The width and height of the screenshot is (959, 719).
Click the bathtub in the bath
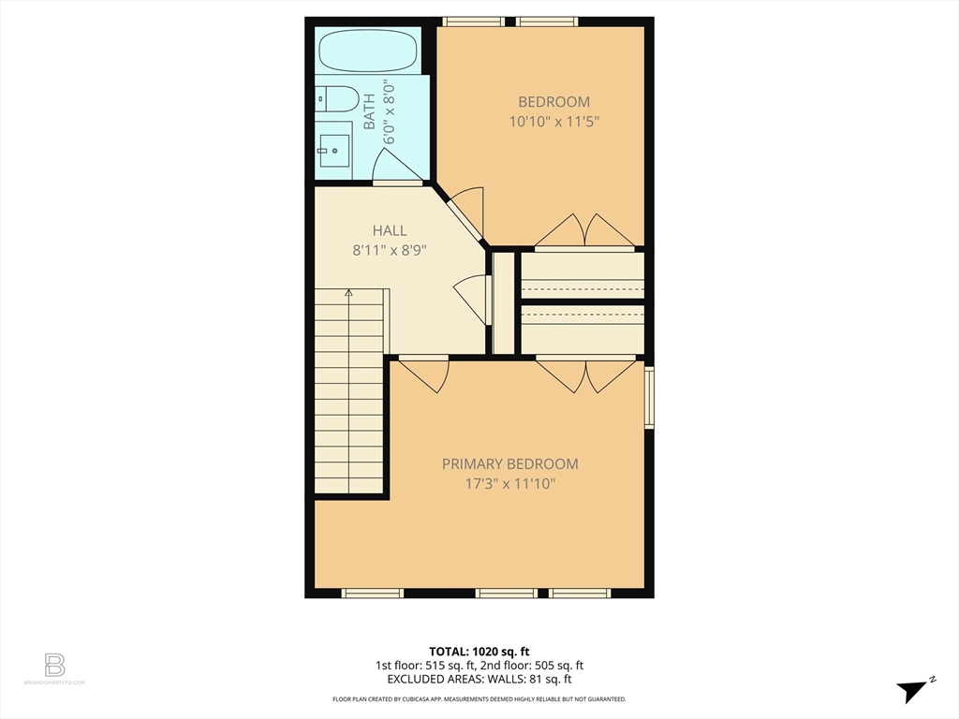[368, 51]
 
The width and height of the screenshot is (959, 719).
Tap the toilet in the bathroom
[336, 98]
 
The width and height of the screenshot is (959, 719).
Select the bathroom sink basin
[334, 151]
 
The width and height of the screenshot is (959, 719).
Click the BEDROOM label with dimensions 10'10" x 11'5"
[554, 111]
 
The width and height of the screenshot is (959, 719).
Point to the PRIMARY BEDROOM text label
[510, 464]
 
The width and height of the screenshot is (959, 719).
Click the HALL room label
[390, 230]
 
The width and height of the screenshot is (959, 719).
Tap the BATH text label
[369, 111]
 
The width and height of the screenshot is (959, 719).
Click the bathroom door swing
[396, 165]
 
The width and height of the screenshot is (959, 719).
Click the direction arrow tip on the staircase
[348, 291]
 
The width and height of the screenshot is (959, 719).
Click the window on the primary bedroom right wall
[650, 397]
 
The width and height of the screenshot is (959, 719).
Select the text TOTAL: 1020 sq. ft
[479, 652]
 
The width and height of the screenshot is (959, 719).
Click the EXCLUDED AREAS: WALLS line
[479, 679]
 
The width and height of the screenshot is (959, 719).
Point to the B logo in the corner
[54, 666]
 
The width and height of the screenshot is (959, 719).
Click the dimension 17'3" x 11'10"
[510, 484]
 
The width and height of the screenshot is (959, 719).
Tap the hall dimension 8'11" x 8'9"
[390, 250]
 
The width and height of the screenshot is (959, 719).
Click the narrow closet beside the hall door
[503, 302]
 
